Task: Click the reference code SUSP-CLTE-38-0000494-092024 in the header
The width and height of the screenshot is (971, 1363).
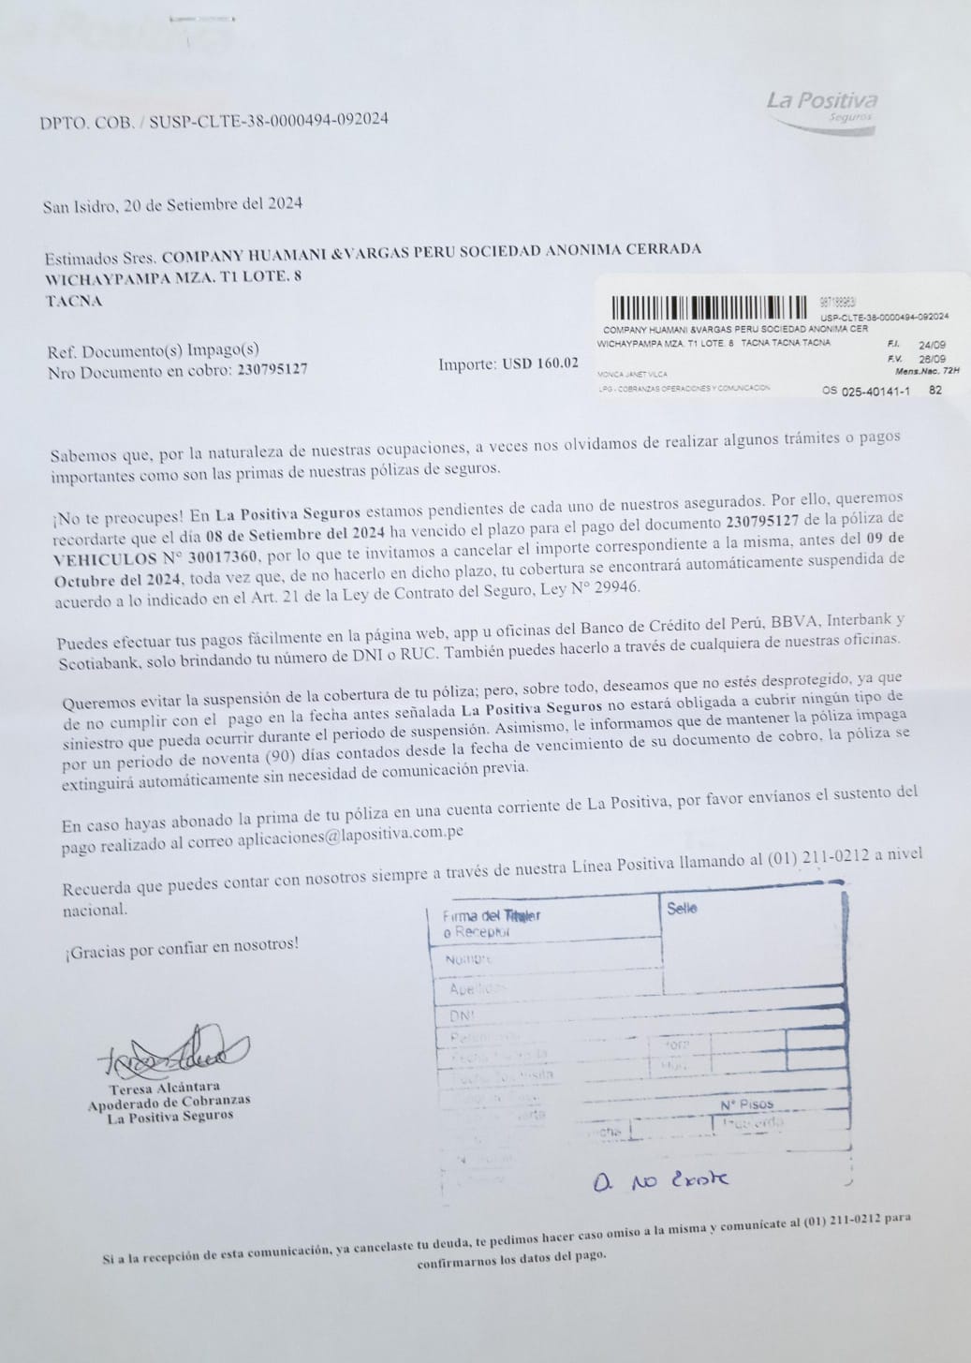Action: pyautogui.click(x=269, y=120)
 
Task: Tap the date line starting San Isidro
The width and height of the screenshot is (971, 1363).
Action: pyautogui.click(x=172, y=204)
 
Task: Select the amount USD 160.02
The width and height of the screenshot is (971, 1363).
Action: pyautogui.click(x=540, y=363)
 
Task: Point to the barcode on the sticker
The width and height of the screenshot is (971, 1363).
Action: pyautogui.click(x=708, y=307)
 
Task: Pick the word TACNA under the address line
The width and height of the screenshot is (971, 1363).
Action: pyautogui.click(x=74, y=301)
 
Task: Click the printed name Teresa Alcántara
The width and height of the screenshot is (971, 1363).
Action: pyautogui.click(x=165, y=1089)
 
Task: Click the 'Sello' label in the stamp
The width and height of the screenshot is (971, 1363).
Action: pyautogui.click(x=682, y=908)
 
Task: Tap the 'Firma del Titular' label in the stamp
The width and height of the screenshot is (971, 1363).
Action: pyautogui.click(x=492, y=915)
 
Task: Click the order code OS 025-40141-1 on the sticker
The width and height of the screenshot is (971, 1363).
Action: pyautogui.click(x=866, y=391)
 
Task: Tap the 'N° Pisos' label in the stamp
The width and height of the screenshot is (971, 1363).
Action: pyautogui.click(x=747, y=1104)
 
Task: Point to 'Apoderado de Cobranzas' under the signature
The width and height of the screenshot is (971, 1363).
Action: pyautogui.click(x=169, y=1102)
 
